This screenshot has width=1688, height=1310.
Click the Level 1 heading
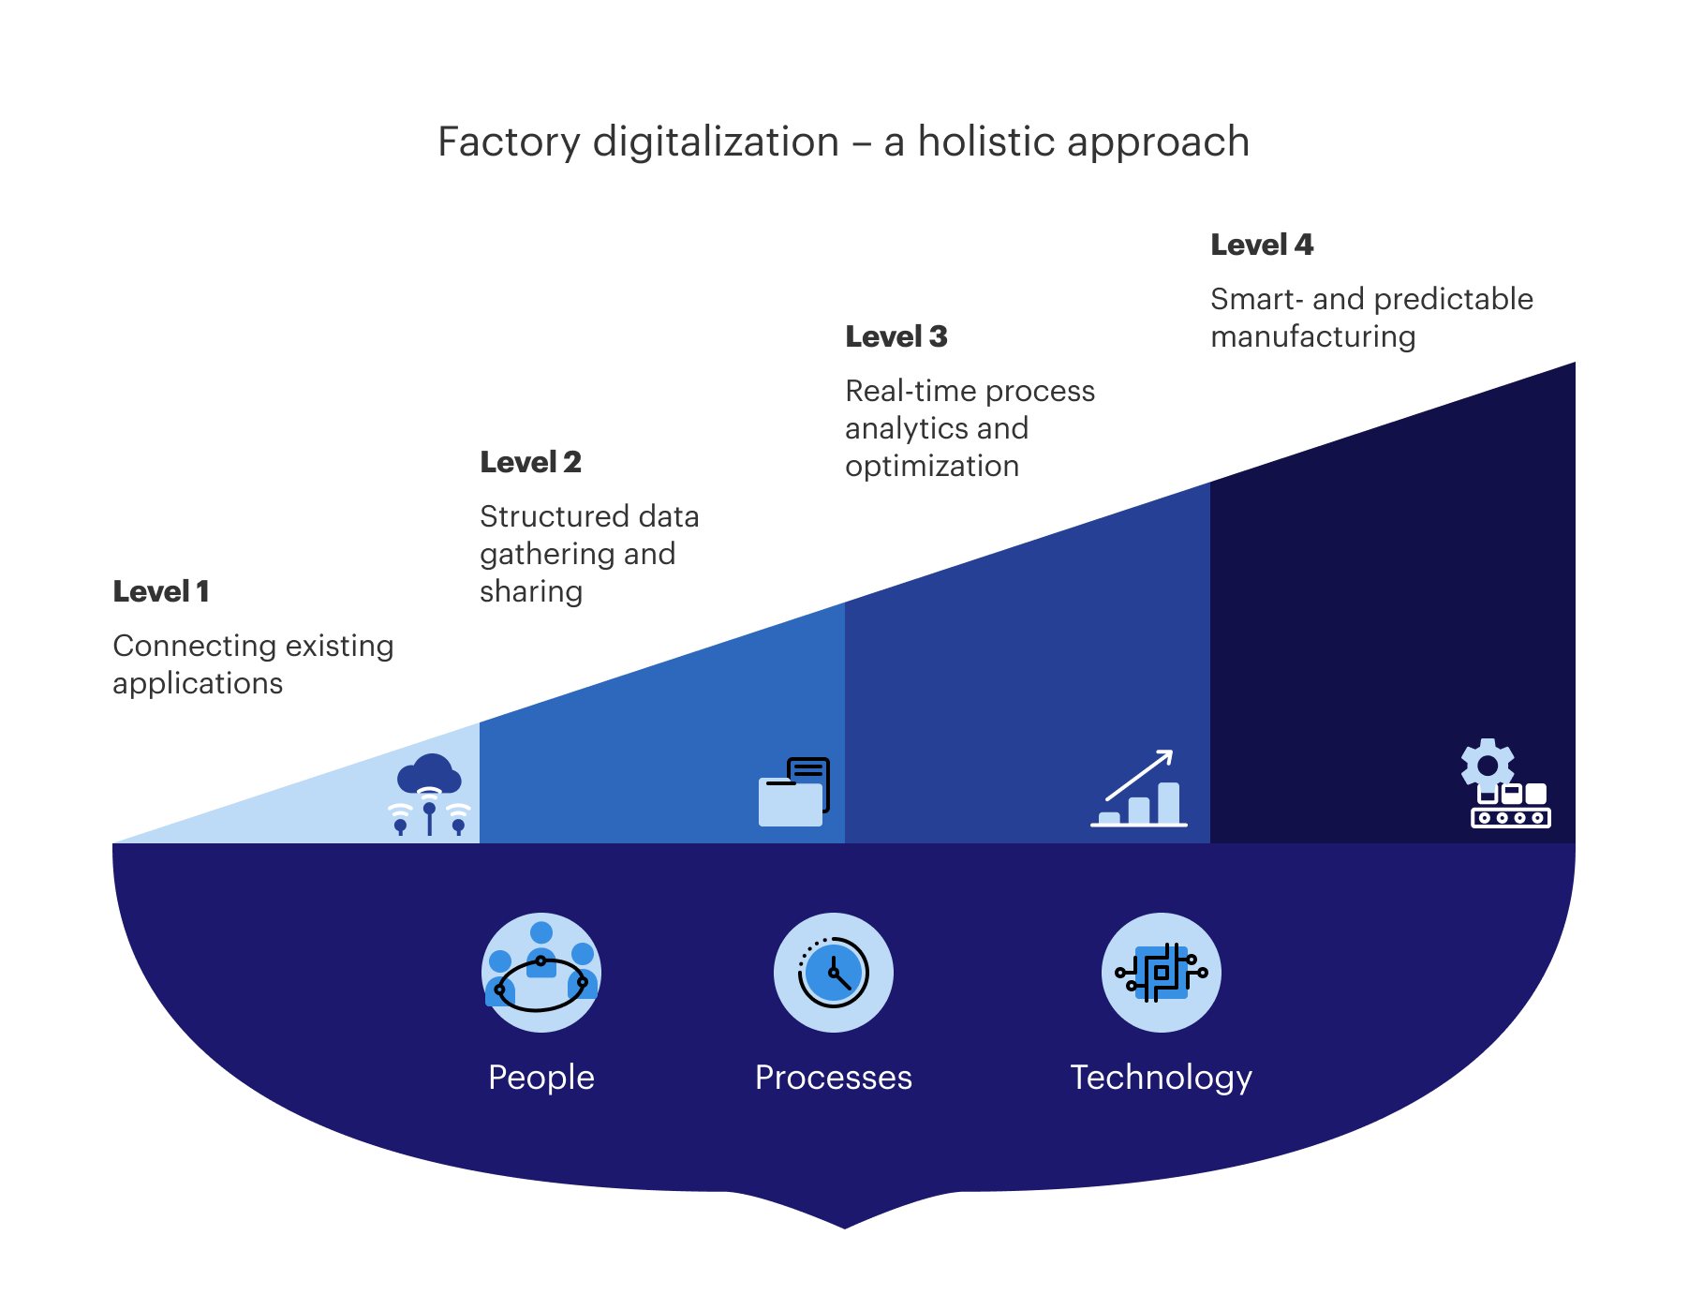pos(161,591)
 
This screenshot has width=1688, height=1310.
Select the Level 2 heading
pos(530,462)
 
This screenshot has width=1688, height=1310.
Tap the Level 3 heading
pos(896,336)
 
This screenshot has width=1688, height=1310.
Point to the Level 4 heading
pos(1262,245)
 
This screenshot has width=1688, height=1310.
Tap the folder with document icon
pos(793,793)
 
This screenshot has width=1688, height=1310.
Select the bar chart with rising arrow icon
pos(1139,790)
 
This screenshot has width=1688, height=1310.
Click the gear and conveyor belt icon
pos(1504,784)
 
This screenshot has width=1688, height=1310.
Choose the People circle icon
pos(541,973)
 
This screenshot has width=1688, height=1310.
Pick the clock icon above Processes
pos(834,973)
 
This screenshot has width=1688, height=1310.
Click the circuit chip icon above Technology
pos(1162,973)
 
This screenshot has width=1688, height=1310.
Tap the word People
pos(541,1078)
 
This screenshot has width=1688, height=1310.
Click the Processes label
pos(834,1078)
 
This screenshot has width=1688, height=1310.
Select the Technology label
pos(1162,1078)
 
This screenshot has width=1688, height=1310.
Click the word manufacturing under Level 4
pos(1312,336)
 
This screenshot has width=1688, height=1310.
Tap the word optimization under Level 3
pos(932,466)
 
